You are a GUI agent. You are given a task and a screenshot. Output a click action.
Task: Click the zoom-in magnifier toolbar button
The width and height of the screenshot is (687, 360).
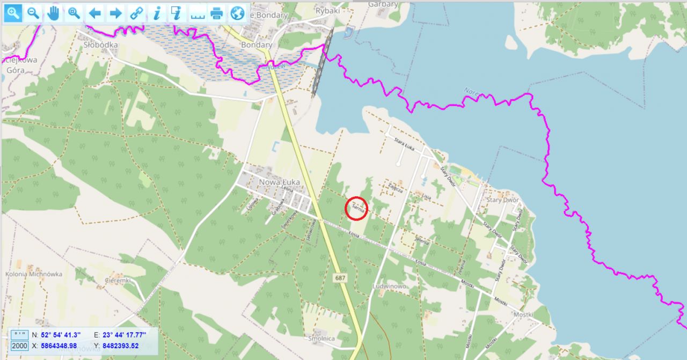click(13, 13)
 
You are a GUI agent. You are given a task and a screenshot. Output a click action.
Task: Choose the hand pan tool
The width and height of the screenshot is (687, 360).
click(53, 13)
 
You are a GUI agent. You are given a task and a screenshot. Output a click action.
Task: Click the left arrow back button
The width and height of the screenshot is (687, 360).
click(95, 13)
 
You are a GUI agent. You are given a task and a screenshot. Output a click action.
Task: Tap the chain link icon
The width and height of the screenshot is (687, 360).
click(137, 13)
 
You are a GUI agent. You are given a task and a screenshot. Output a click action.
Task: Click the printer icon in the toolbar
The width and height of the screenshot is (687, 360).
click(217, 13)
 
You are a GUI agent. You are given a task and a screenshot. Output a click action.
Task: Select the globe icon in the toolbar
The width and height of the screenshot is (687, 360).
click(237, 13)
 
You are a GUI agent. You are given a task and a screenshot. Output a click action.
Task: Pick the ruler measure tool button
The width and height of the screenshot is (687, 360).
click(198, 13)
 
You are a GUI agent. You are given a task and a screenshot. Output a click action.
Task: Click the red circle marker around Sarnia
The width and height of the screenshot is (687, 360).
click(356, 208)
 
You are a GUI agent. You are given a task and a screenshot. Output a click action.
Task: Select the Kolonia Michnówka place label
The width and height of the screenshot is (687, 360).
click(34, 274)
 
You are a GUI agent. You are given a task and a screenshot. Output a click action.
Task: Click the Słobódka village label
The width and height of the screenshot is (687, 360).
click(100, 45)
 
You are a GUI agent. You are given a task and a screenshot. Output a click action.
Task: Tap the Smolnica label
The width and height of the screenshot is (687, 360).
click(322, 339)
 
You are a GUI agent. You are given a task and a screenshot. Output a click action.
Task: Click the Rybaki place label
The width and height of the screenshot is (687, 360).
click(313, 10)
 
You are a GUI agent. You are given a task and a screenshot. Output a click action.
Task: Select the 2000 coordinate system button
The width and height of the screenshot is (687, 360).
click(19, 346)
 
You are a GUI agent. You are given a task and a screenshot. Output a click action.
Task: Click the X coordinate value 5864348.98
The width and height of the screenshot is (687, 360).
click(59, 346)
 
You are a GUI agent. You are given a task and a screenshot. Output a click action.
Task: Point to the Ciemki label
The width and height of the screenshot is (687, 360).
click(118, 281)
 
